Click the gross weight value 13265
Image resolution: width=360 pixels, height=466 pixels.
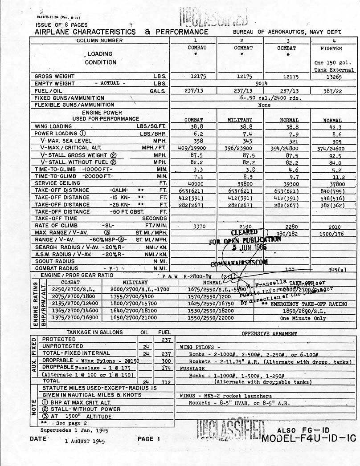331,77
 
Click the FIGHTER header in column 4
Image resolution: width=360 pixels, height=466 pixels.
331,48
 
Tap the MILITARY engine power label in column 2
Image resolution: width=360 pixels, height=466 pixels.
240,120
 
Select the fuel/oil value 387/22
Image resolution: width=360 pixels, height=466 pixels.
331,91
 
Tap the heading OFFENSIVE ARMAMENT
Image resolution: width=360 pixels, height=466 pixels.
269,333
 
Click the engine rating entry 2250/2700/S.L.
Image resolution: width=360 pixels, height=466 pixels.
70,288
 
